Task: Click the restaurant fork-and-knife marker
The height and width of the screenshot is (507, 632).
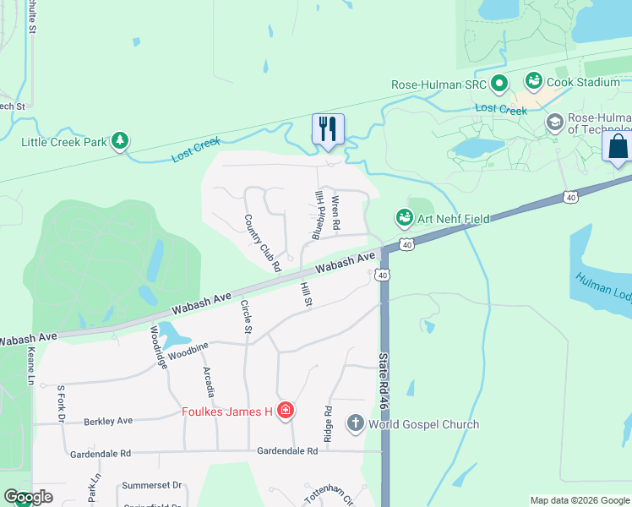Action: [328, 129]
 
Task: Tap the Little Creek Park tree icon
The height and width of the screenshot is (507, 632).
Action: [120, 141]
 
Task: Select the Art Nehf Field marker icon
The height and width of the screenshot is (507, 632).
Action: [405, 218]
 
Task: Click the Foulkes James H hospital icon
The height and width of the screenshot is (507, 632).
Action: [286, 412]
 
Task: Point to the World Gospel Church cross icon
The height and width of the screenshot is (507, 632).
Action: [356, 423]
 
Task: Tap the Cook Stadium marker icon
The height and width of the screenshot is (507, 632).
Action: [533, 81]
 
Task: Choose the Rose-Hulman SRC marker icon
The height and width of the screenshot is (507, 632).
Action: [499, 84]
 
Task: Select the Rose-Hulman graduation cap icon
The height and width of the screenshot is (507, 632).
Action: [554, 123]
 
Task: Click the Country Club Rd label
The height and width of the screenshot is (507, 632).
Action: [262, 243]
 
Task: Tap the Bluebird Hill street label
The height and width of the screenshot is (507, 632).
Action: [319, 215]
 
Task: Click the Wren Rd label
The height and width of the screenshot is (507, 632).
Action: [335, 214]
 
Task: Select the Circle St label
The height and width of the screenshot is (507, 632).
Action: [247, 317]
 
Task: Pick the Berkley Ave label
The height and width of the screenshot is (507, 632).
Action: [107, 421]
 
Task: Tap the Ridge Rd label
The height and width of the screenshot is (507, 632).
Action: [328, 422]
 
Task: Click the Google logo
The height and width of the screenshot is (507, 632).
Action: [28, 497]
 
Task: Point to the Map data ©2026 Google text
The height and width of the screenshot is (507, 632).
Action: [580, 500]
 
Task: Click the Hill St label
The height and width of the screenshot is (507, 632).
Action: [306, 295]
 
